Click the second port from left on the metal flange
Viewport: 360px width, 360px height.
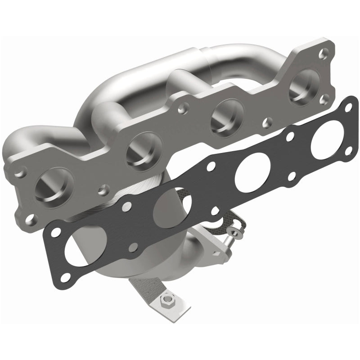tap(143, 150)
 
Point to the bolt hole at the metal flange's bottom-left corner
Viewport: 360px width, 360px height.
tap(30, 220)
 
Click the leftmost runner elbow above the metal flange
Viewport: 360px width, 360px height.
tap(22, 144)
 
